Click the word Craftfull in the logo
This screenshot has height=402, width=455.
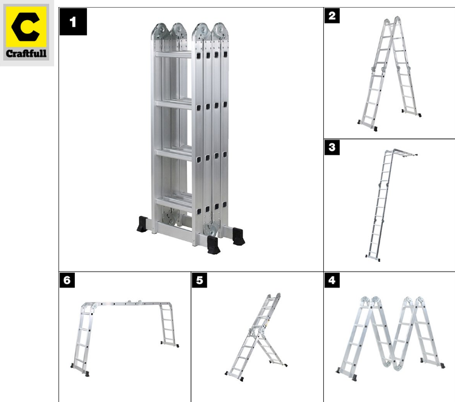pyautogui.click(x=26, y=53)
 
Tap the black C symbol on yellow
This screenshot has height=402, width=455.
pyautogui.click(x=26, y=27)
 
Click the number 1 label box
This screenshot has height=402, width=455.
pyautogui.click(x=73, y=22)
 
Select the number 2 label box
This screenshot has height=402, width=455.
pyautogui.click(x=332, y=15)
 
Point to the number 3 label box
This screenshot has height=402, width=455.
pyautogui.click(x=332, y=147)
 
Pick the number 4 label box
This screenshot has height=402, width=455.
pyautogui.click(x=332, y=280)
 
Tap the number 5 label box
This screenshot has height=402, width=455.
pyautogui.click(x=199, y=280)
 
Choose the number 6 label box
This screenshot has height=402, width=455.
pyautogui.click(x=67, y=280)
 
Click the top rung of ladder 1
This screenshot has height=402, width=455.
pyautogui.click(x=173, y=55)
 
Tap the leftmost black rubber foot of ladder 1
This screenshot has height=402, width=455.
pyautogui.click(x=143, y=224)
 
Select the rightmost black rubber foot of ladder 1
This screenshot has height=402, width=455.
pyautogui.click(x=239, y=236)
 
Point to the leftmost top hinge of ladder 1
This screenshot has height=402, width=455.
pyautogui.click(x=160, y=31)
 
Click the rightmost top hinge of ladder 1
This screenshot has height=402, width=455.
pyautogui.click(x=221, y=31)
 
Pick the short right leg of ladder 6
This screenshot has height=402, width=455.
pyautogui.click(x=168, y=325)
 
